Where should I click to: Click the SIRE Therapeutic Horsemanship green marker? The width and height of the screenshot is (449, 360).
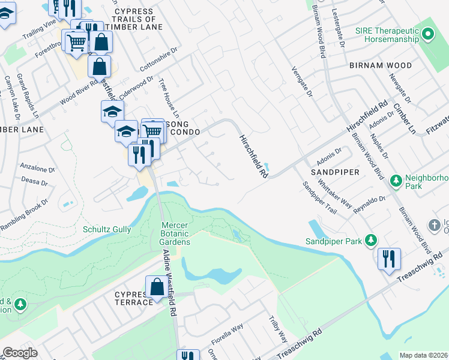427,35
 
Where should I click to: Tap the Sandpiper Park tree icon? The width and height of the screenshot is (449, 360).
371,241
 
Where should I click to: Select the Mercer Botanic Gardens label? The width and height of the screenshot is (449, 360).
175,233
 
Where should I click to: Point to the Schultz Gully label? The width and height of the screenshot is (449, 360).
106,229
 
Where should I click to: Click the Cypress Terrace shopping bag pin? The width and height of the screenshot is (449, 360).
157,287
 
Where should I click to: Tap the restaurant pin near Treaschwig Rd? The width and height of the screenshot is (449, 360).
389,259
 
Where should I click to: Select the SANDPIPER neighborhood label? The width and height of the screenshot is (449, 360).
335,172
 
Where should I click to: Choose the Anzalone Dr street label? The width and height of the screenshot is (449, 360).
38,169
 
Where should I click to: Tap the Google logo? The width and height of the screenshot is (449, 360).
20,353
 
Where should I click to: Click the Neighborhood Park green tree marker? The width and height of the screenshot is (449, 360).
396,180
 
